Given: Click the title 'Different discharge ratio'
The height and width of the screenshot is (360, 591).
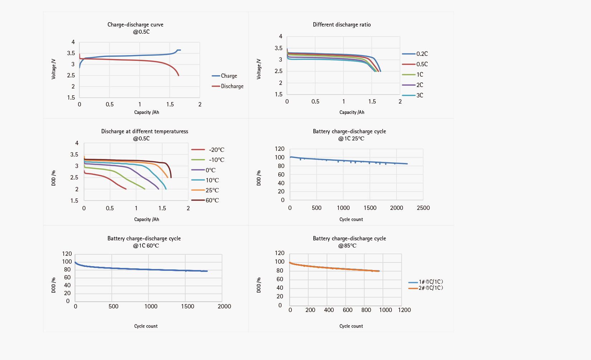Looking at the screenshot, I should tap(342, 25).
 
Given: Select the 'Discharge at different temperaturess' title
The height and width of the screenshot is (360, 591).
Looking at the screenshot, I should tap(145, 131).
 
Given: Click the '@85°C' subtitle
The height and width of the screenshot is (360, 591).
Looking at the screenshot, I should tap(347, 246).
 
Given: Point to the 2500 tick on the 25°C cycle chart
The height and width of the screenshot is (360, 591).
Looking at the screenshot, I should tap(423, 208).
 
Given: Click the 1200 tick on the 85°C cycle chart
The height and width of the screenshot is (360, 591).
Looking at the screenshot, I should tap(404, 310).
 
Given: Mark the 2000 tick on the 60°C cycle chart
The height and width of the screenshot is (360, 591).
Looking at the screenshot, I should tap(224, 306).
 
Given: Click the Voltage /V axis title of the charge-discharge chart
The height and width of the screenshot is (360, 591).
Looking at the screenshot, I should tap(54, 69).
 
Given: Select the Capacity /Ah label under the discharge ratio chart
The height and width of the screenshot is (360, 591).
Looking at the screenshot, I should tap(352, 112).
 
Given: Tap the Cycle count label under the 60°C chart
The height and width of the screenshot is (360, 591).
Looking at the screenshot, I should tap(146, 326).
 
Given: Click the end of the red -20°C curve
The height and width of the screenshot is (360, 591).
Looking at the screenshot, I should tap(126, 189).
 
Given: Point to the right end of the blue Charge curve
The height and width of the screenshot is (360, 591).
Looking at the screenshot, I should tap(180, 50).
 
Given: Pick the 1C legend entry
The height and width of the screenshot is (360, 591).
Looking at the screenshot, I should tap(419, 75).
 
